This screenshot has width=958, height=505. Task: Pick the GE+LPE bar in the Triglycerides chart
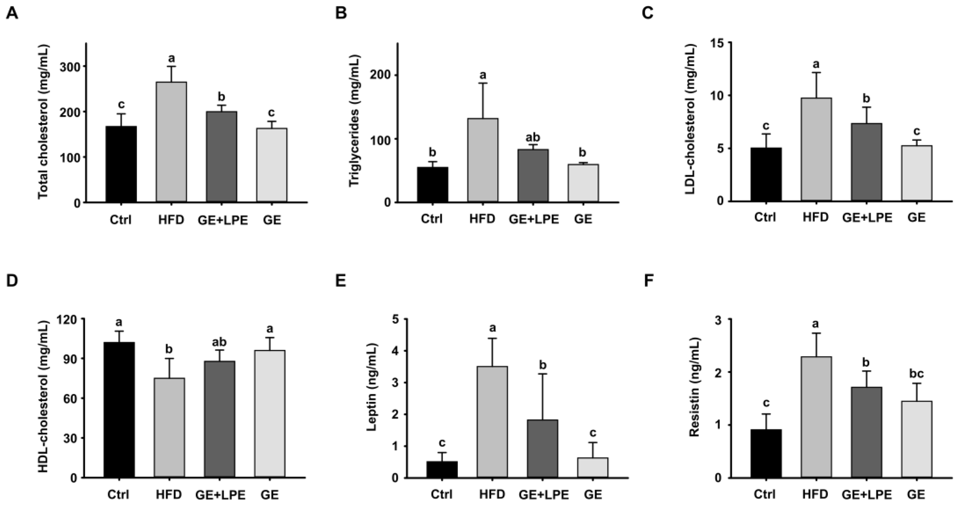[x=533, y=175]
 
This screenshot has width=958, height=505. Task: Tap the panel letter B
[x=341, y=13]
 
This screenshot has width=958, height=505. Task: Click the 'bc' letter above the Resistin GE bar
[x=916, y=373]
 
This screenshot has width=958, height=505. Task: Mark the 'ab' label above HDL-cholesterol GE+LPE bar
[x=219, y=342]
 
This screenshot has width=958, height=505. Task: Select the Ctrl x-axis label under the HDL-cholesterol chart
[x=118, y=495]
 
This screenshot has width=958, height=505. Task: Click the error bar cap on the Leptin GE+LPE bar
[x=542, y=374]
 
